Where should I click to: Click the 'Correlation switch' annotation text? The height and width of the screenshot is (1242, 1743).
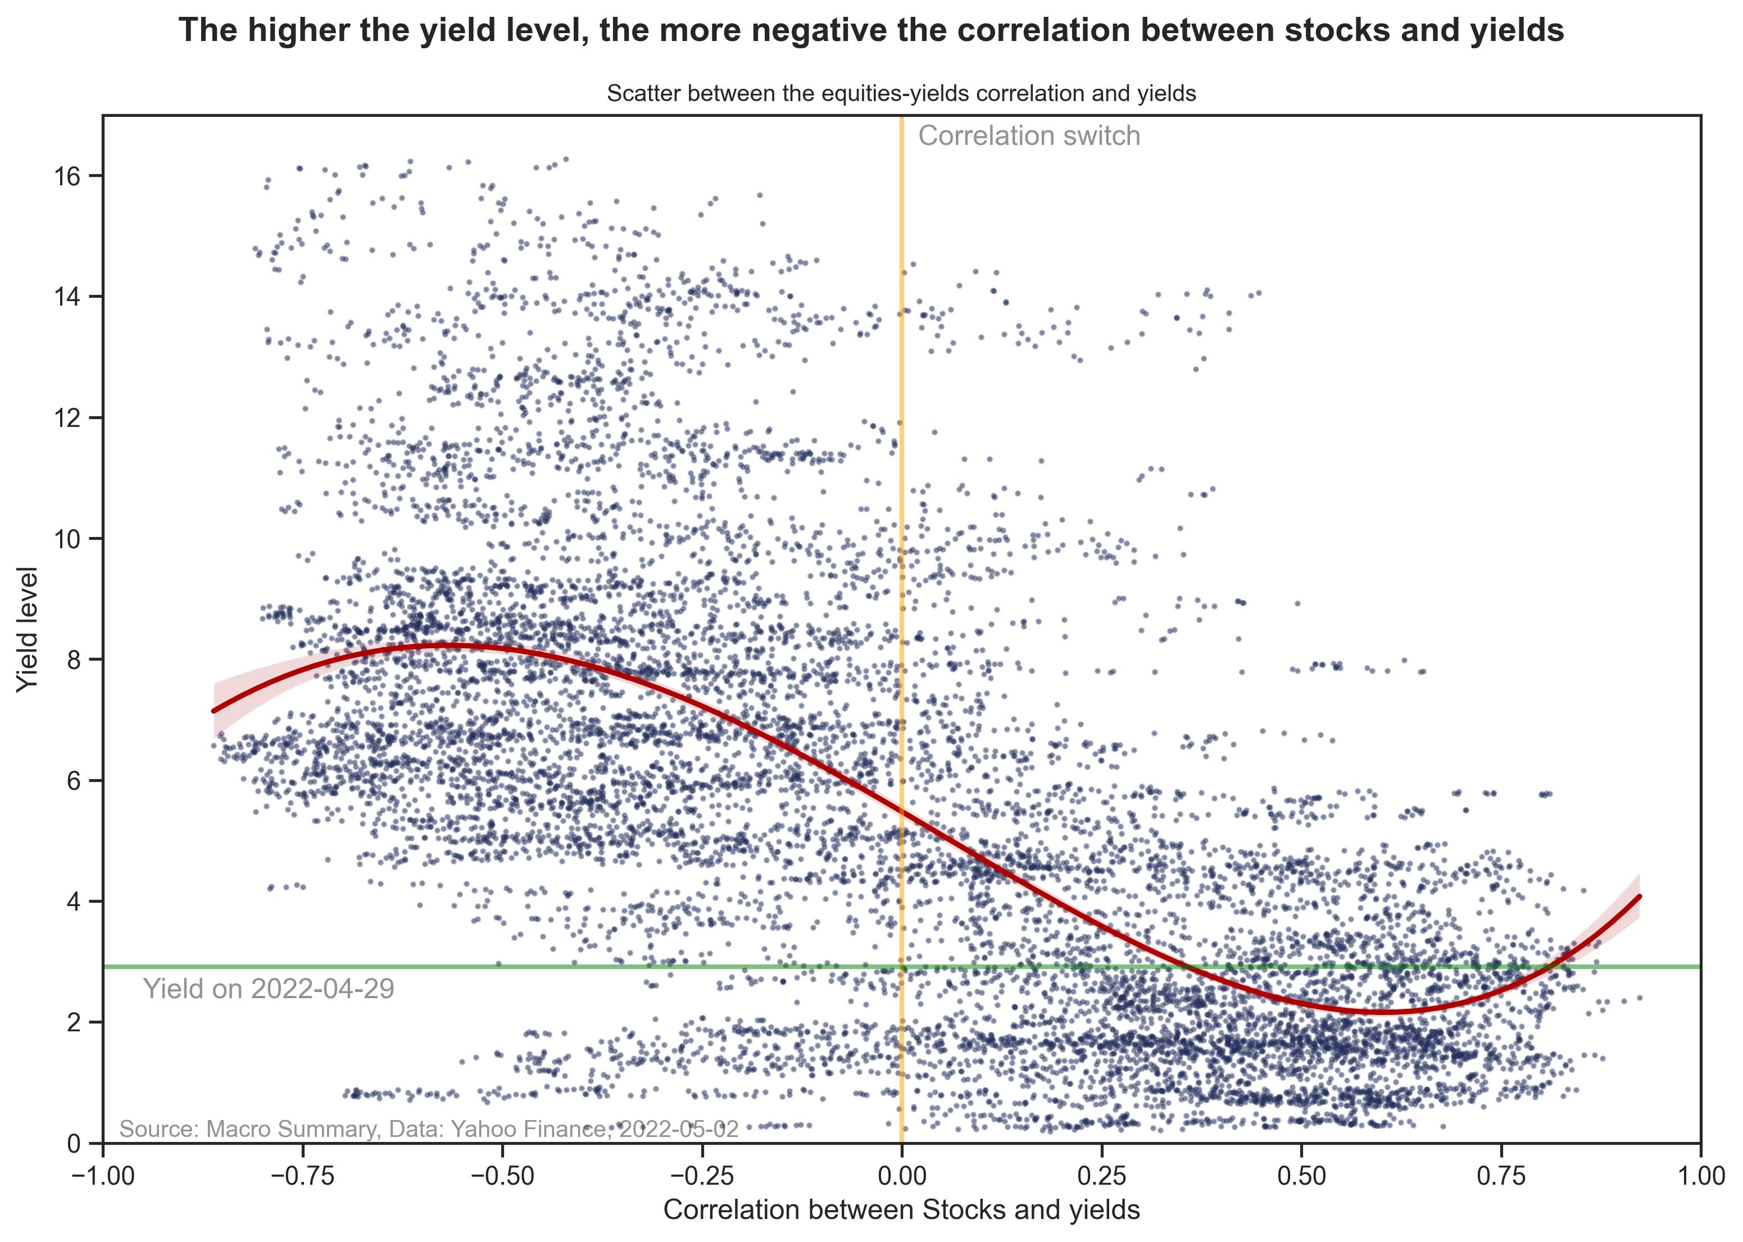(1029, 136)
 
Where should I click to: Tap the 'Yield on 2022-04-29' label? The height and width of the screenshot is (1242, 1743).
(269, 989)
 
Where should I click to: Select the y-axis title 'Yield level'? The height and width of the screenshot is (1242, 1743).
(28, 629)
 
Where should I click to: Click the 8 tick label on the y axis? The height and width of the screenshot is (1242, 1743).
(74, 660)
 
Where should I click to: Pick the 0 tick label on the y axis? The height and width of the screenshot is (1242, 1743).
(74, 1143)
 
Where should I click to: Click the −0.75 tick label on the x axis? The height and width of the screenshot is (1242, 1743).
(302, 1175)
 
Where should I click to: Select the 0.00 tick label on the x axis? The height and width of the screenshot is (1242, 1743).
(902, 1175)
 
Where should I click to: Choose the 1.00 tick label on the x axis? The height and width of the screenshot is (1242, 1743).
(1699, 1175)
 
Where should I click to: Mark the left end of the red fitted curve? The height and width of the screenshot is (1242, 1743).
(214, 711)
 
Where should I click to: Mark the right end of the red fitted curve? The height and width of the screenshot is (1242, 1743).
(1639, 897)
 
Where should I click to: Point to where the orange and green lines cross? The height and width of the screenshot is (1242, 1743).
(902, 967)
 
